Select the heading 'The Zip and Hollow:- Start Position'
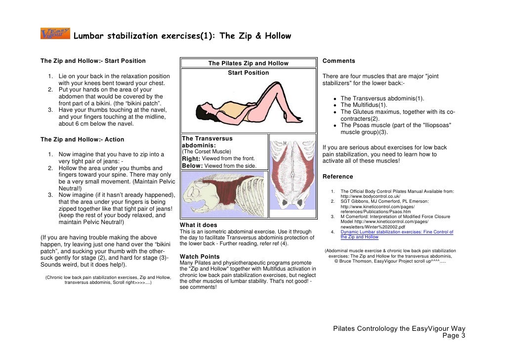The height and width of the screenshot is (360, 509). (x=93, y=61)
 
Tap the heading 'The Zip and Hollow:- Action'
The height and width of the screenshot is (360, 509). (x=82, y=139)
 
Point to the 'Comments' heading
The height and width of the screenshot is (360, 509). (x=339, y=61)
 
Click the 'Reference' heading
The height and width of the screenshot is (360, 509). (x=338, y=177)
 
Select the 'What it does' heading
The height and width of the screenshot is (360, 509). (x=198, y=225)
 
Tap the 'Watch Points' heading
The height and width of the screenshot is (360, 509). (x=200, y=257)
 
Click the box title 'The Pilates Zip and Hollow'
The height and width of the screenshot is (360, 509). (x=248, y=63)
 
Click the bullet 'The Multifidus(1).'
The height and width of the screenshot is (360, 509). (x=364, y=105)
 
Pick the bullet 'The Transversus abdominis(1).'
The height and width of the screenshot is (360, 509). (x=382, y=98)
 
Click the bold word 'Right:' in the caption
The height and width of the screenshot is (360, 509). (x=191, y=158)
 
